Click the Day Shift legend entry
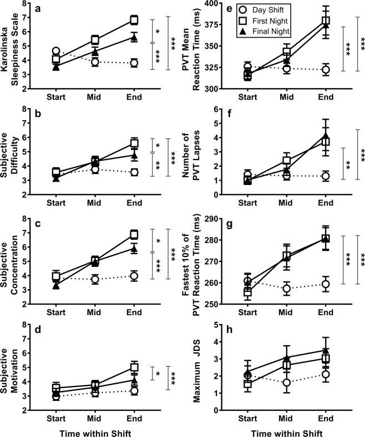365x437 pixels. click(x=261, y=10)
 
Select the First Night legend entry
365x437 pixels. click(x=263, y=21)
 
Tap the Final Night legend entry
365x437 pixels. click(x=264, y=31)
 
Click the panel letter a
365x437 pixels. click(x=38, y=9)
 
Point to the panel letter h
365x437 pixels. click(x=230, y=329)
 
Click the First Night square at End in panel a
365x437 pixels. click(x=134, y=20)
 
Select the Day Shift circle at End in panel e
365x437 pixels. click(x=326, y=70)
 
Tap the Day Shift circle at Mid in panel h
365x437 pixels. click(x=287, y=382)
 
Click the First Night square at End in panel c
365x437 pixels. click(x=134, y=234)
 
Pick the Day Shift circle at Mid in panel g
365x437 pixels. click(x=287, y=289)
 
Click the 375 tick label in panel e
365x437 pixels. click(x=213, y=24)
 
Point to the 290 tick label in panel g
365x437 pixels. click(x=213, y=219)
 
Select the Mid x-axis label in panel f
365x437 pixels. click(x=287, y=203)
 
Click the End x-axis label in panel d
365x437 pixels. click(x=134, y=418)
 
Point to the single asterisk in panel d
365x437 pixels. click(x=158, y=374)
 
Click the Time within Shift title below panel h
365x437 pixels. click(x=287, y=433)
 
